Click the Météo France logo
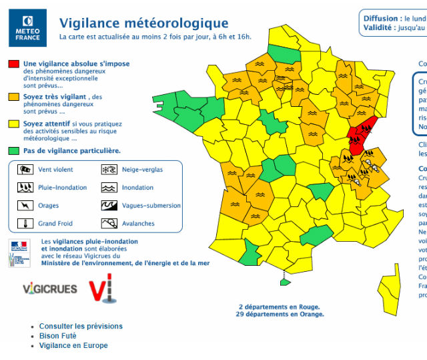27,27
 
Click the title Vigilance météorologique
143,24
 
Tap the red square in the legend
13,64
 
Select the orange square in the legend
13,98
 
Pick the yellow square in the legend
13,124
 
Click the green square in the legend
13,150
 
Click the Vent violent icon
25,170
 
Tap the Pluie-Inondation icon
25,188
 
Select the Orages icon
25,206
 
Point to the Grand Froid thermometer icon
25,224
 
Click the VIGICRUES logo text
50,289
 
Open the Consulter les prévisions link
81,326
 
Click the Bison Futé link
58,336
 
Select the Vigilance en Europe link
73,345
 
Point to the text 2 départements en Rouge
280,307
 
